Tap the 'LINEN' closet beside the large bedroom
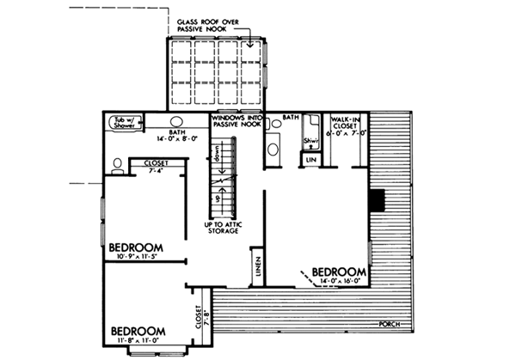coord(256,267)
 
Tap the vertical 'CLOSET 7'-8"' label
coord(200,313)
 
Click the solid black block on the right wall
coord(376,199)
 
